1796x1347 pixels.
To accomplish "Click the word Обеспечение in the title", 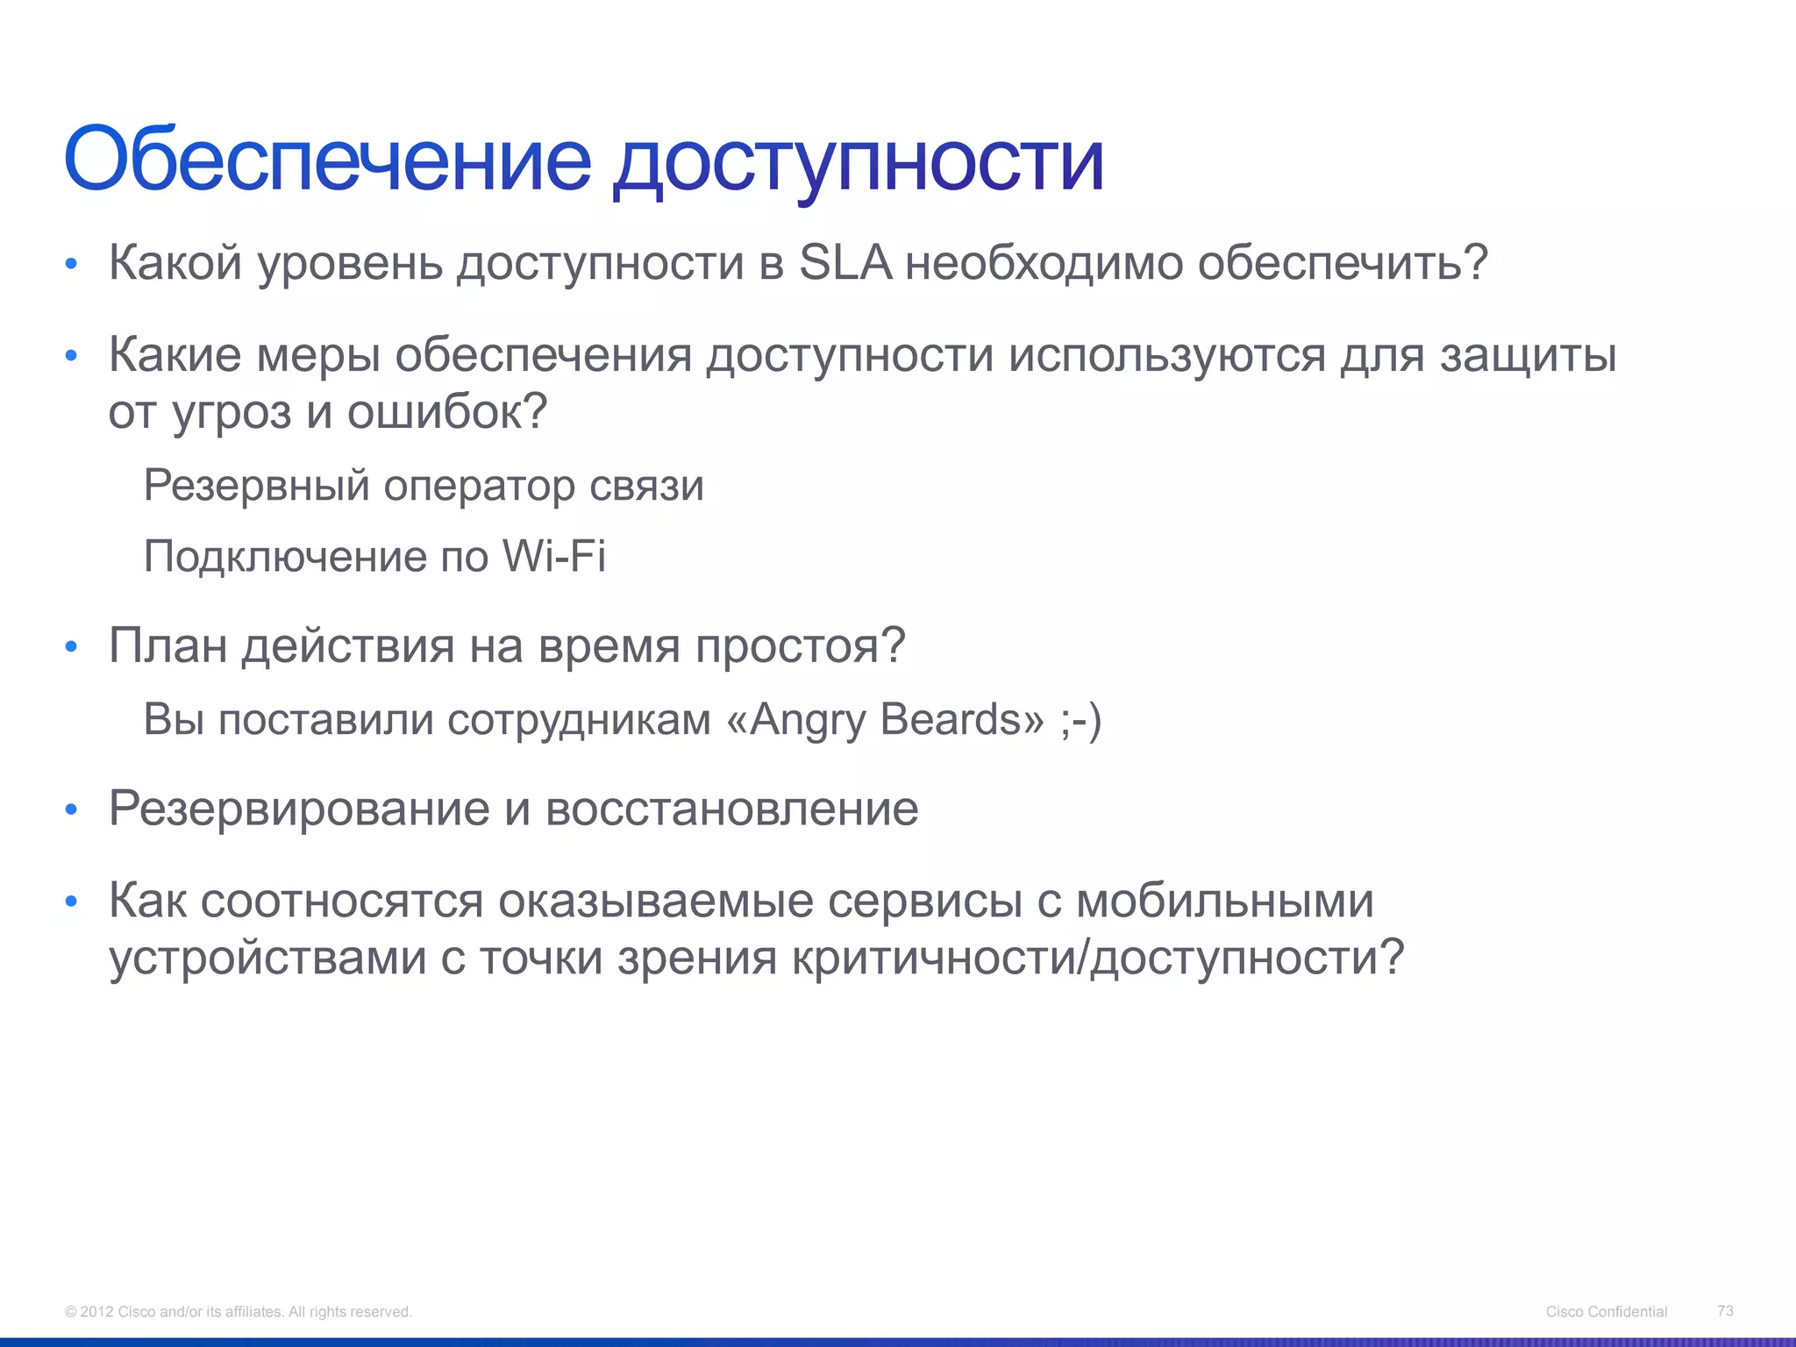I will coord(327,160).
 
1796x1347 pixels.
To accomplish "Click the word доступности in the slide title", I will coord(858,162).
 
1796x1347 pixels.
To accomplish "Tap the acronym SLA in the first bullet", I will coord(845,262).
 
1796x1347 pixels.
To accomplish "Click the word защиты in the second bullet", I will coord(1528,355).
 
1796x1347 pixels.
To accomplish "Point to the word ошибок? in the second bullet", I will coord(447,412).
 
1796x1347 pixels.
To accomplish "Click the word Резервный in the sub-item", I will coord(256,485).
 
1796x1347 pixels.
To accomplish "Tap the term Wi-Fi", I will coord(553,556).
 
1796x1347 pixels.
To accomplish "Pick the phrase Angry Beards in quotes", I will coord(886,719).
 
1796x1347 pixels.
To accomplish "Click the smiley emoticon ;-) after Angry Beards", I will coord(1080,720).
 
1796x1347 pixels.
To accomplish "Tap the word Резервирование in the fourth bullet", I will coord(298,808).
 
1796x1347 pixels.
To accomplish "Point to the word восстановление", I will coord(731,808).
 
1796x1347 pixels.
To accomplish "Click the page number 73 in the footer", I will coord(1725,1310).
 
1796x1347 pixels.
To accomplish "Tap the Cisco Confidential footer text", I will coord(1606,1312).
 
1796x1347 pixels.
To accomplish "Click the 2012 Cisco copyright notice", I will coord(238,1312).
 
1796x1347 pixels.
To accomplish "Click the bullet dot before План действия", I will coord(72,648).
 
